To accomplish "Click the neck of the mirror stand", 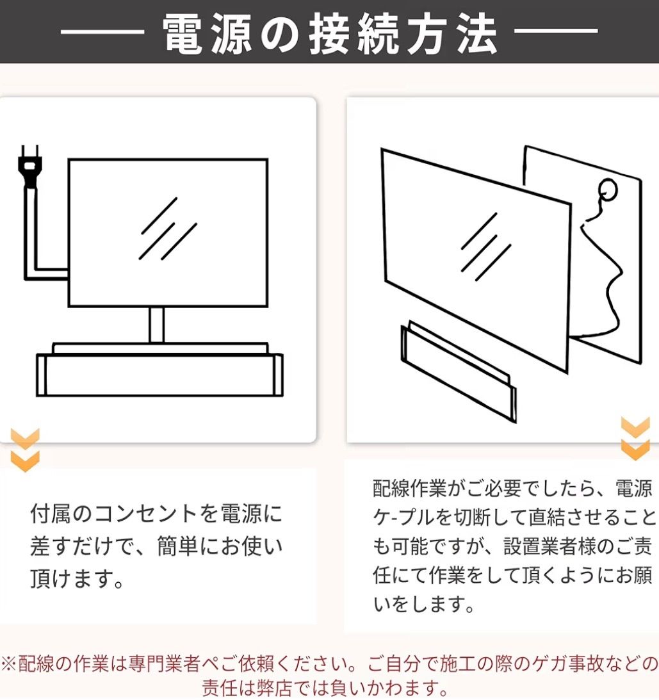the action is [156, 325].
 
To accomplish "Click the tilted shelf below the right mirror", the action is [459, 371].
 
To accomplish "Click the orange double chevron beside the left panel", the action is [25, 450].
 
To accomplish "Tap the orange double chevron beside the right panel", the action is [635, 439].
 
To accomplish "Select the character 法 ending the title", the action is [477, 33].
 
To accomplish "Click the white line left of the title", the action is [102, 31].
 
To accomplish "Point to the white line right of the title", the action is [556, 31].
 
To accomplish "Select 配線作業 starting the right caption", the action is [409, 489].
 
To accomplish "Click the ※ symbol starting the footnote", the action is [9, 664].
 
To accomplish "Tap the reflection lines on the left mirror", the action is [168, 229].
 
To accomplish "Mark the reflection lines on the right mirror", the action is [486, 247].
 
